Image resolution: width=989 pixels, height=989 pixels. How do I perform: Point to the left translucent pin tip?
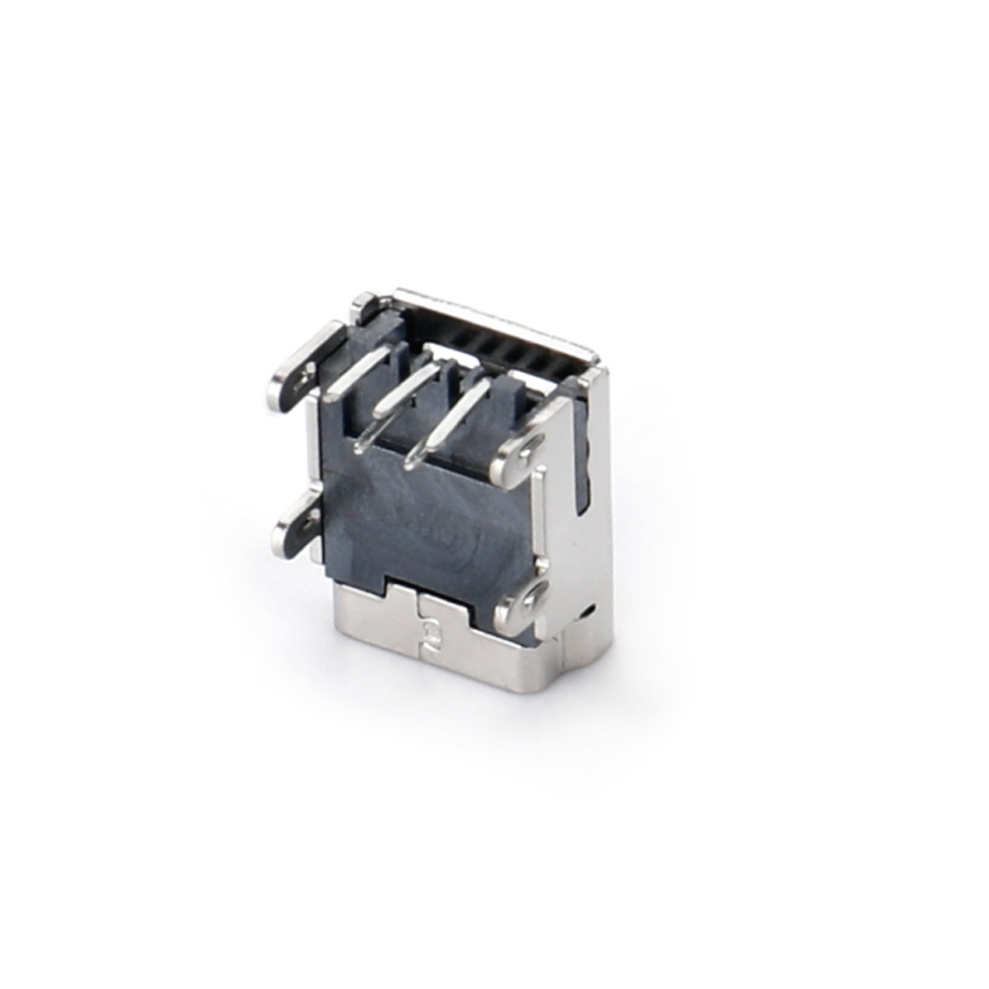[x=368, y=435]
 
